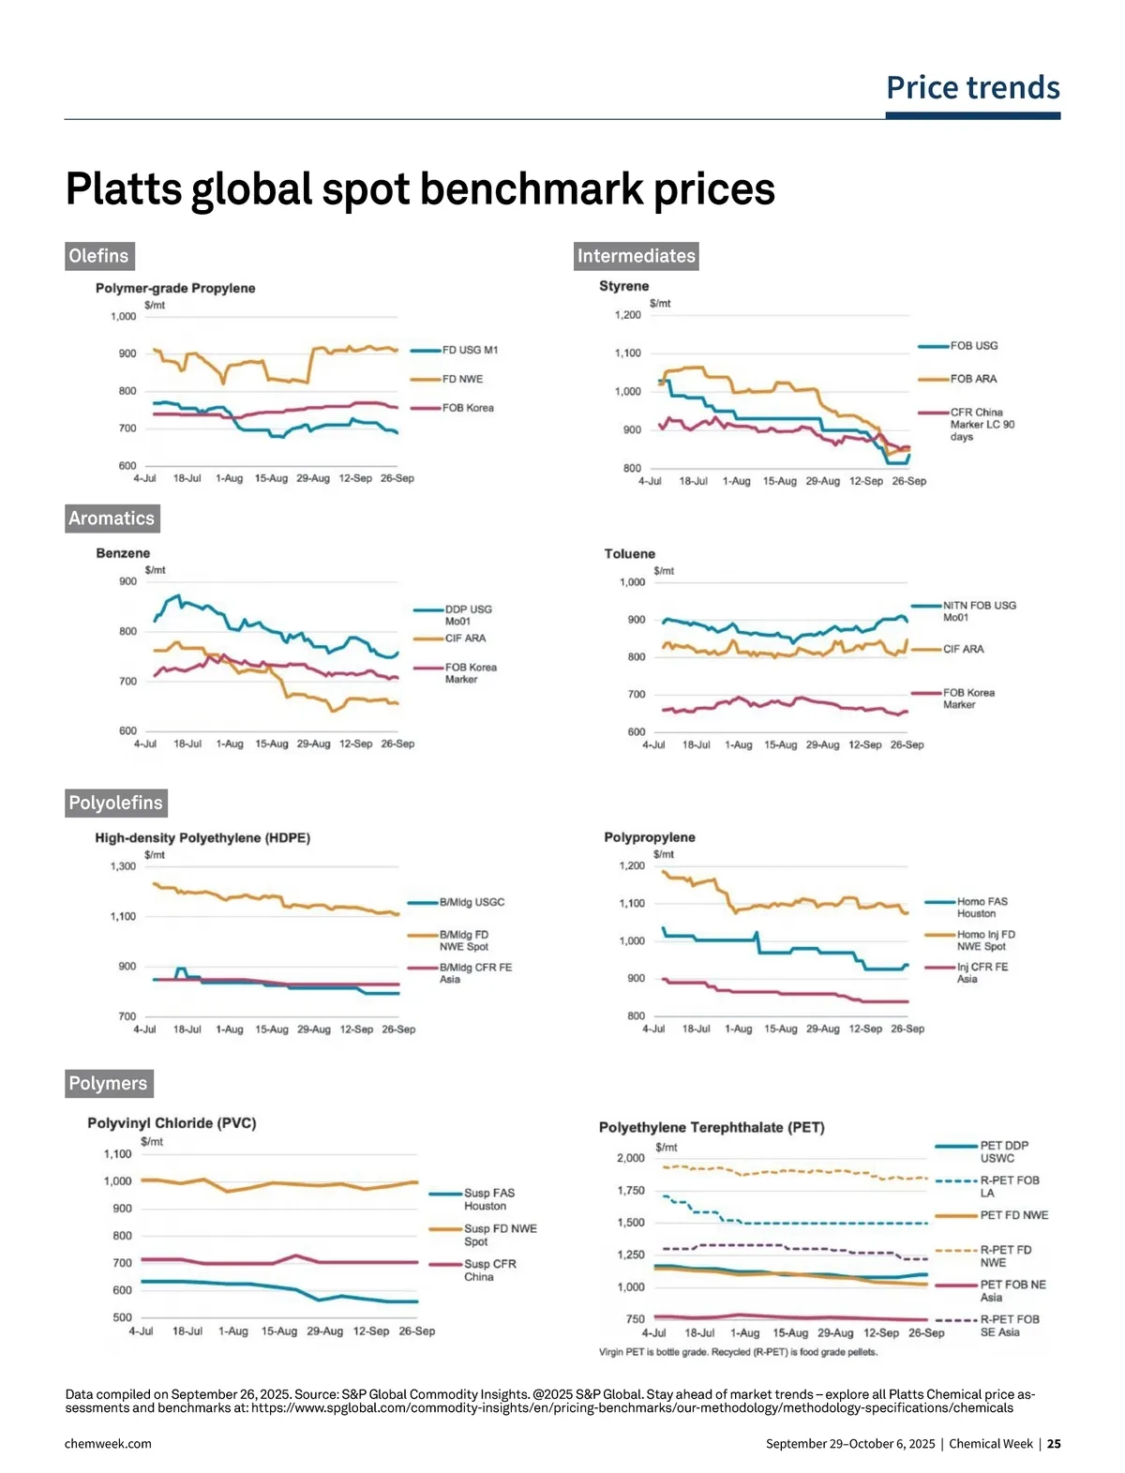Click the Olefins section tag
[98, 256]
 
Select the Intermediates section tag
[636, 256]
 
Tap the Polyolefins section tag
[115, 803]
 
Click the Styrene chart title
[623, 286]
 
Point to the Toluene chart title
[629, 554]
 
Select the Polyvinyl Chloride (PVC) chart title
[172, 1123]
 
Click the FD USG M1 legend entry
[470, 351]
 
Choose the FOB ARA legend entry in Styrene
[973, 379]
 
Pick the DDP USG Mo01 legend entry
[468, 615]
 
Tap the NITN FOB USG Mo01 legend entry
[979, 611]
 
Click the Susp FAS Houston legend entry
[488, 1199]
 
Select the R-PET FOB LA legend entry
[1009, 1186]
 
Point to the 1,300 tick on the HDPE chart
[123, 866]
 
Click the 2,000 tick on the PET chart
[630, 1158]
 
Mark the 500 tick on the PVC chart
[122, 1317]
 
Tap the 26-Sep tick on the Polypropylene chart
[907, 1029]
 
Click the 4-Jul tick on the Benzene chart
[144, 744]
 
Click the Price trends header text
[972, 88]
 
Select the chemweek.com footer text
[108, 1444]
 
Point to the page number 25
[1055, 1444]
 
